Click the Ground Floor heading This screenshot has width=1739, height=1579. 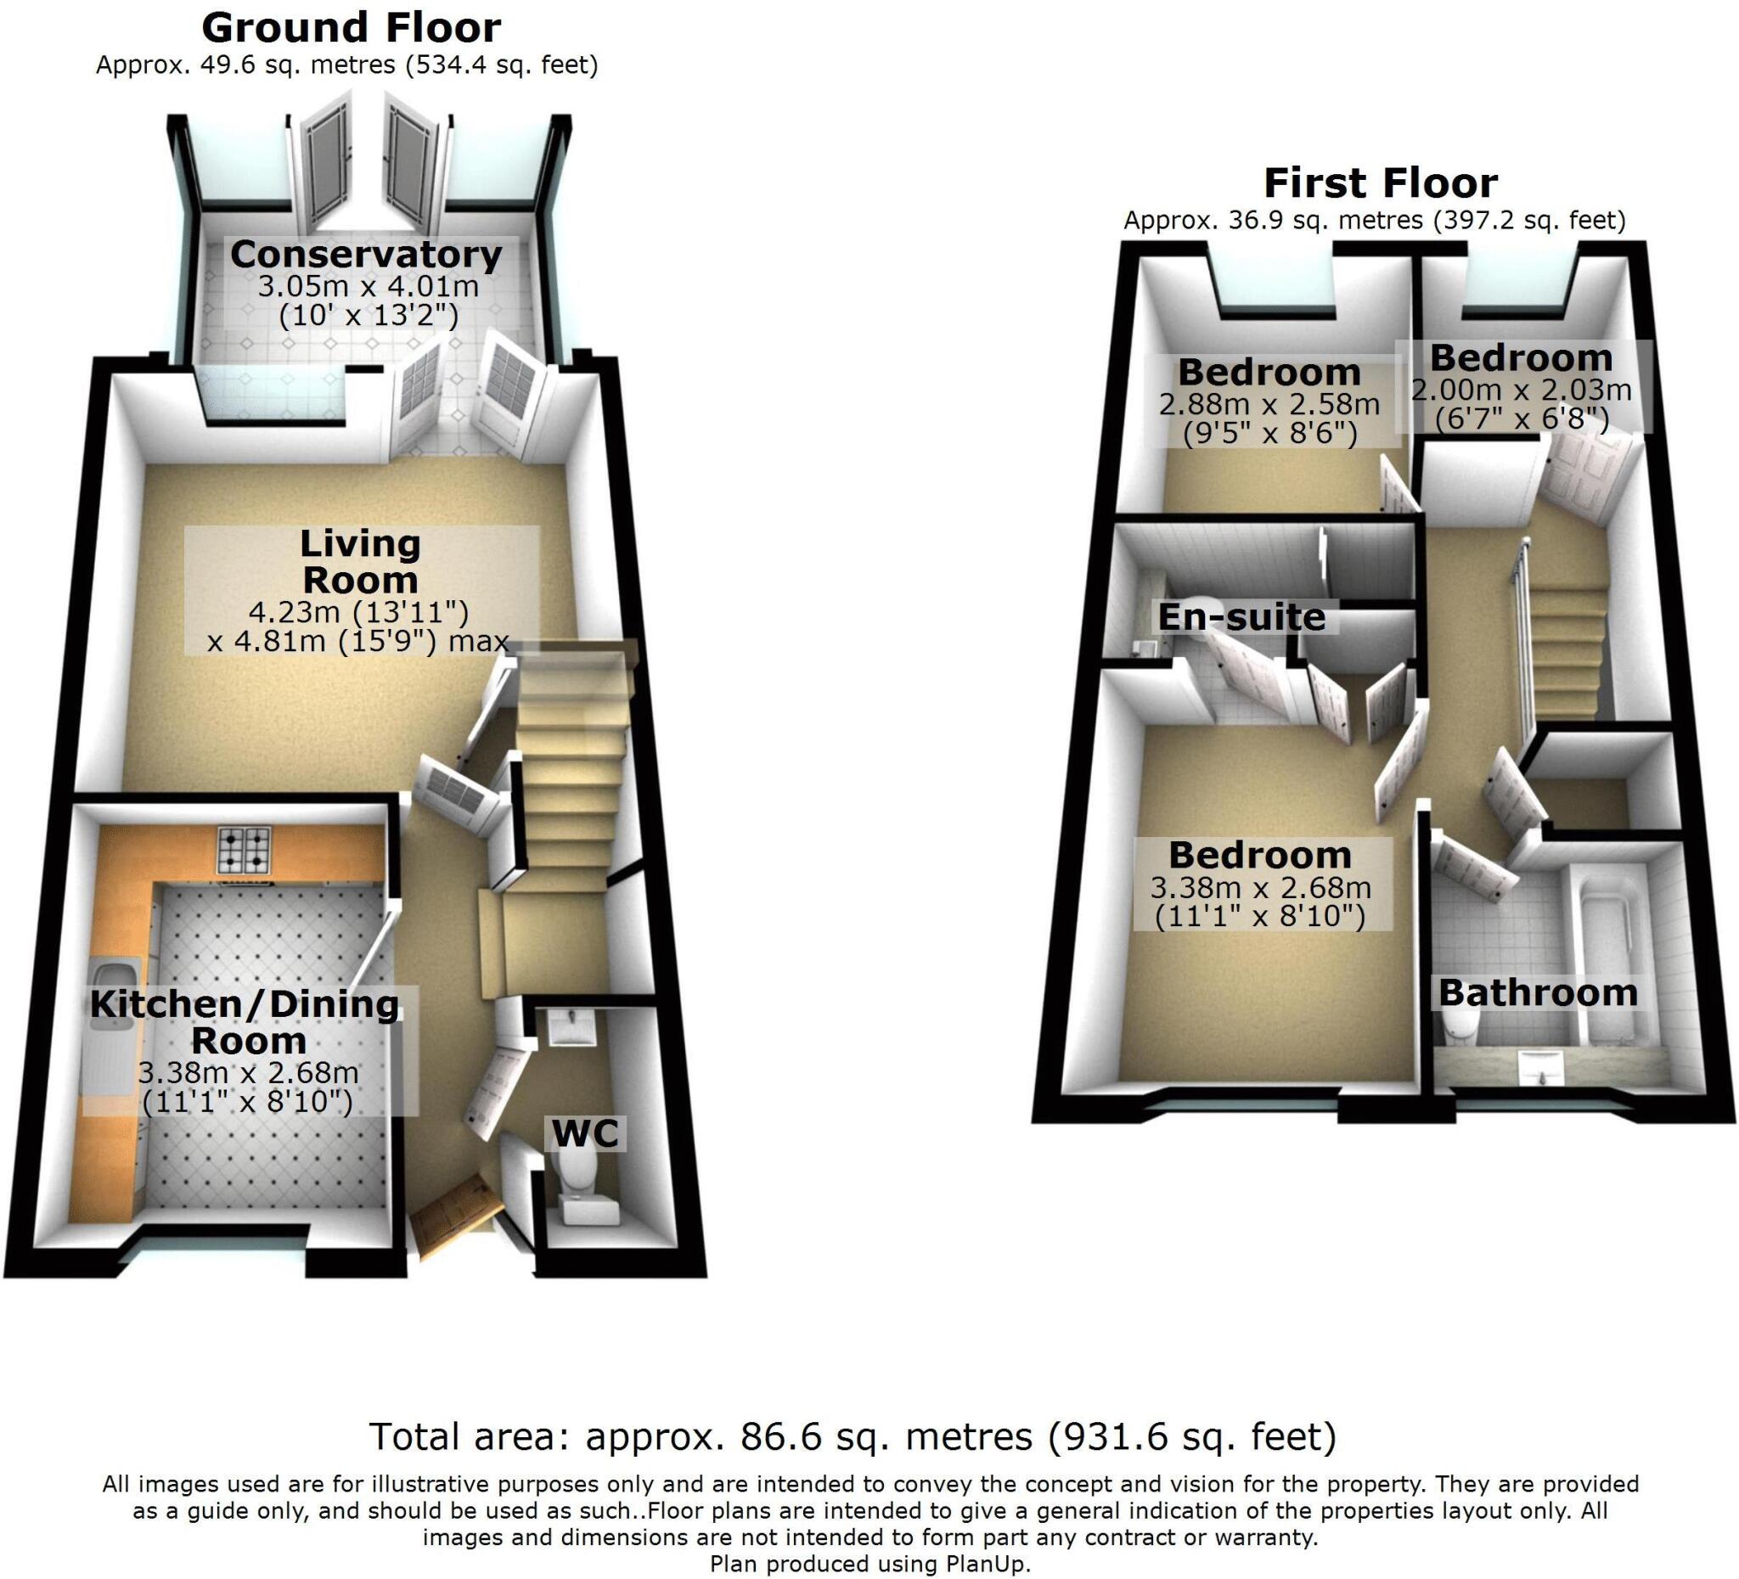(351, 29)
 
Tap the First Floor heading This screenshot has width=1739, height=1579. (1380, 183)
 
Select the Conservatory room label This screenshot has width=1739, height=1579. (366, 255)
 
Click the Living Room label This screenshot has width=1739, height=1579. (361, 562)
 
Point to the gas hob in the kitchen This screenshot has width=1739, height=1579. (245, 851)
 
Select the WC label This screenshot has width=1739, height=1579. (585, 1133)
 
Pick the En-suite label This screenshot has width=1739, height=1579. (1241, 616)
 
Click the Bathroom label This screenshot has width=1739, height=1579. (1537, 992)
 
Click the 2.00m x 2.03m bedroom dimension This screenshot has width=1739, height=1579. (1522, 390)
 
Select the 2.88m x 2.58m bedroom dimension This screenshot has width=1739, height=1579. (1269, 403)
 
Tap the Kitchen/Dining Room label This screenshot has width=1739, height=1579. (245, 1022)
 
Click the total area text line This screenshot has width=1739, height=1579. (853, 1436)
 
